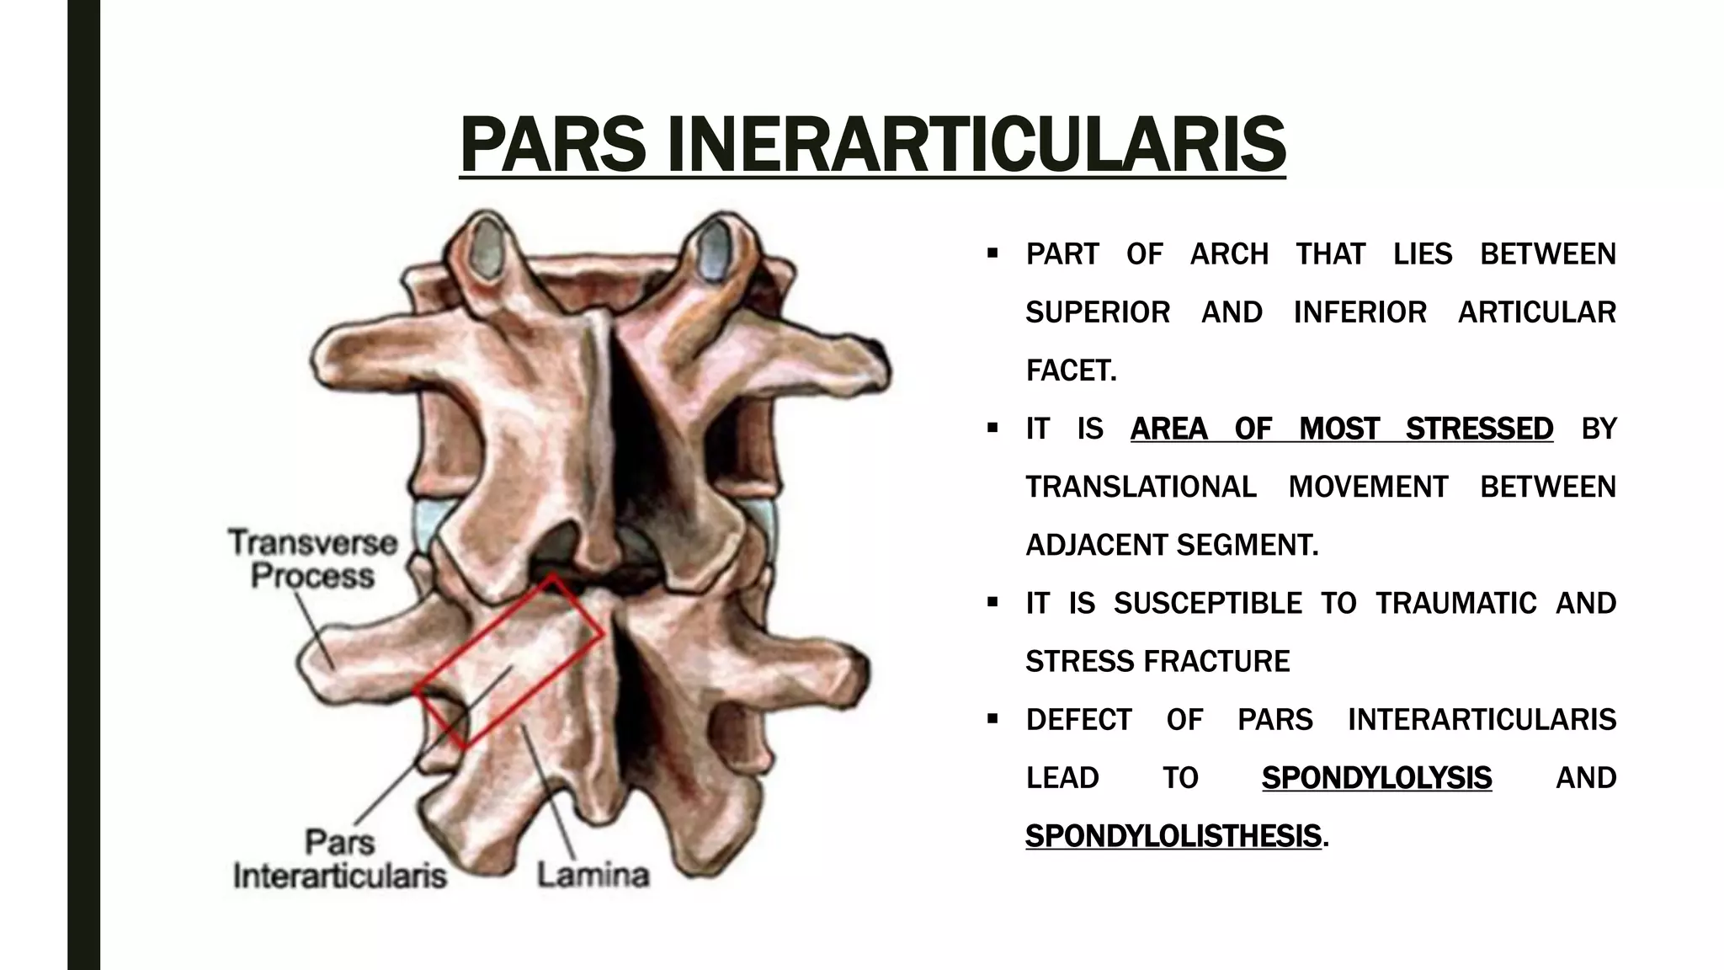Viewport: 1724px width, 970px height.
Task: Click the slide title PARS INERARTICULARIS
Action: point(872,145)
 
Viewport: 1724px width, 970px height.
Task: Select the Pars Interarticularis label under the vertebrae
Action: point(340,859)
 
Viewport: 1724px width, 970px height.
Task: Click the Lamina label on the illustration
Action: point(593,875)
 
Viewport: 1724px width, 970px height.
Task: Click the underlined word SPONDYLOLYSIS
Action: point(1376,778)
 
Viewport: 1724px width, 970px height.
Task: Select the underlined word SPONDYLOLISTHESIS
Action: point(1173,836)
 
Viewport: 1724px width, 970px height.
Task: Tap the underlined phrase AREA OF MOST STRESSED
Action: point(1341,429)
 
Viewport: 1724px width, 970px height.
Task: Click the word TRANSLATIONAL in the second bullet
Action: point(1141,487)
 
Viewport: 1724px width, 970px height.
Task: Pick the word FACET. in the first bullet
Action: point(1071,370)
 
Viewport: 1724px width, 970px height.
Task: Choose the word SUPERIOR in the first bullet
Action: point(1098,312)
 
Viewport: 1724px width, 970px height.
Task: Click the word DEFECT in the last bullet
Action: point(1078,720)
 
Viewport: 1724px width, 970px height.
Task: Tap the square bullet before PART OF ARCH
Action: point(992,253)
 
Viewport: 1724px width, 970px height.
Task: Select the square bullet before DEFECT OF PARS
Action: point(992,719)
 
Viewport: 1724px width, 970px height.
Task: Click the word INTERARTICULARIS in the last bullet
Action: point(1482,720)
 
